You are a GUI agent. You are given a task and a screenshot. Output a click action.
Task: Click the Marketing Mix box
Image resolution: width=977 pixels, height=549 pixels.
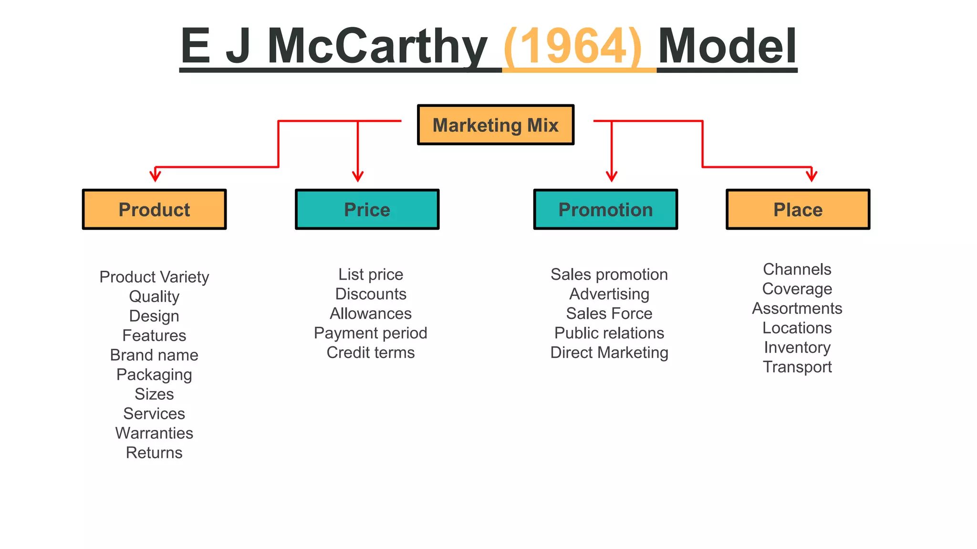(x=495, y=125)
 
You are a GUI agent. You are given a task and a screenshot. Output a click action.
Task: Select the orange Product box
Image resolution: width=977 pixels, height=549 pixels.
(x=154, y=210)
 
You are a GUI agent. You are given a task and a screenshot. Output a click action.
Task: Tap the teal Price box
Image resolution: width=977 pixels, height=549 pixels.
(x=367, y=210)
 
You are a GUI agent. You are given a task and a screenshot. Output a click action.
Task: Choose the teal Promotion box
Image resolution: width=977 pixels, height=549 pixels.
(x=605, y=210)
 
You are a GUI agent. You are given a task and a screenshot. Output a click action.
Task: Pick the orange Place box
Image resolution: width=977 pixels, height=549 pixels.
(x=798, y=210)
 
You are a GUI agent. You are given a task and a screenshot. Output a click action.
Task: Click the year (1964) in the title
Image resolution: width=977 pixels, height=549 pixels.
(x=572, y=46)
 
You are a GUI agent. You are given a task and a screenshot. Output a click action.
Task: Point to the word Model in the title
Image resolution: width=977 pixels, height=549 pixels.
(x=727, y=46)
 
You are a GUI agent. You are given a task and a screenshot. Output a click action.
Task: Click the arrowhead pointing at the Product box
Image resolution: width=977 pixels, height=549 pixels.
(x=155, y=176)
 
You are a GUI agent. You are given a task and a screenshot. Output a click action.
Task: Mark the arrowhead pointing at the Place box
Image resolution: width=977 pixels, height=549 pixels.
(x=811, y=176)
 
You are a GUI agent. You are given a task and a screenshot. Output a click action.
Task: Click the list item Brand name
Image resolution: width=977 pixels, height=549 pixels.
(x=154, y=355)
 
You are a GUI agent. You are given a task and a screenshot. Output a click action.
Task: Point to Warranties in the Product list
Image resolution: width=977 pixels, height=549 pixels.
(x=154, y=433)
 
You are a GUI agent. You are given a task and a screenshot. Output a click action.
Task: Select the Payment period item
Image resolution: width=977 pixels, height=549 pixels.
(x=371, y=333)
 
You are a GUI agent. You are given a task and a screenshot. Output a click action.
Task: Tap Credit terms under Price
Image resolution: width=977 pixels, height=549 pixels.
(x=371, y=353)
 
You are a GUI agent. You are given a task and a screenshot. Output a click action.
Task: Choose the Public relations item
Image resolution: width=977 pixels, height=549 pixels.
(x=609, y=333)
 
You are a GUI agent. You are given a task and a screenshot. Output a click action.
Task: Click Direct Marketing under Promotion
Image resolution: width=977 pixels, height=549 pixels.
(x=609, y=353)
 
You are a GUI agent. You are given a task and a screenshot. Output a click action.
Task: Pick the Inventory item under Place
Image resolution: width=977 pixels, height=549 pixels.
(x=797, y=347)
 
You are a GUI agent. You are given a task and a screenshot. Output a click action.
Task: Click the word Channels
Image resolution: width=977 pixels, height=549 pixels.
(x=797, y=269)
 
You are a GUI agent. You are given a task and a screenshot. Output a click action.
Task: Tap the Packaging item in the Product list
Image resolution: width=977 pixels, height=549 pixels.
(x=154, y=375)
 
